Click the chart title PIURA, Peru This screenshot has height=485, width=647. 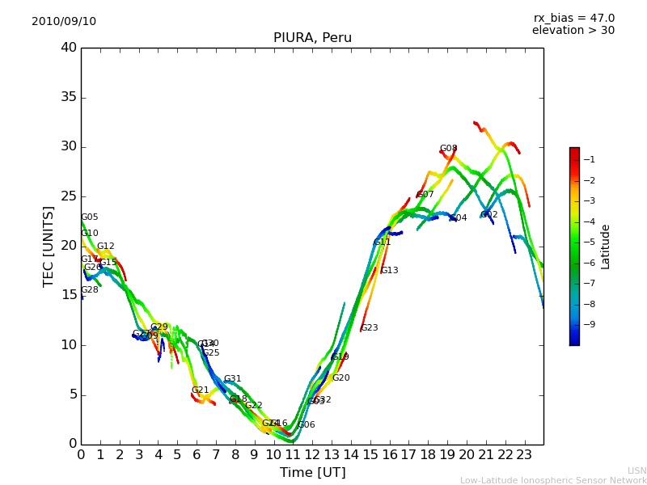point(312,38)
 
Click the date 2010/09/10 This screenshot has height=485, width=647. point(64,22)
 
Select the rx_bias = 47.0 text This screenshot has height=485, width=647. point(573,19)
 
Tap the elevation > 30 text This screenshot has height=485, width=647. point(573,31)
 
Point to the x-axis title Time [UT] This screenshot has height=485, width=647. point(312,473)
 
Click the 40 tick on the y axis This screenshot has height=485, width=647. point(68,48)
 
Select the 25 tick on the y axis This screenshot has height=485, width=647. point(68,196)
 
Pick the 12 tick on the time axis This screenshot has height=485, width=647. point(312,455)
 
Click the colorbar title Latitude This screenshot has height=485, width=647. point(606,247)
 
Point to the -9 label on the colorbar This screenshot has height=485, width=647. point(590,325)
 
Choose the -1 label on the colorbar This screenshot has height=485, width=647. point(590,160)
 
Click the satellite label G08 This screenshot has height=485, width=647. point(448,149)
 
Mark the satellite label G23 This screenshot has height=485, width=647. point(369,328)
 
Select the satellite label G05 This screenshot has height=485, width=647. point(89,217)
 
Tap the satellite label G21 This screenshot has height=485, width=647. point(200,390)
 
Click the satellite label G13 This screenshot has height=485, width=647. point(389,271)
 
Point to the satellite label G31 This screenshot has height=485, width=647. point(232,379)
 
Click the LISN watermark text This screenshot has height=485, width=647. point(637,470)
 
